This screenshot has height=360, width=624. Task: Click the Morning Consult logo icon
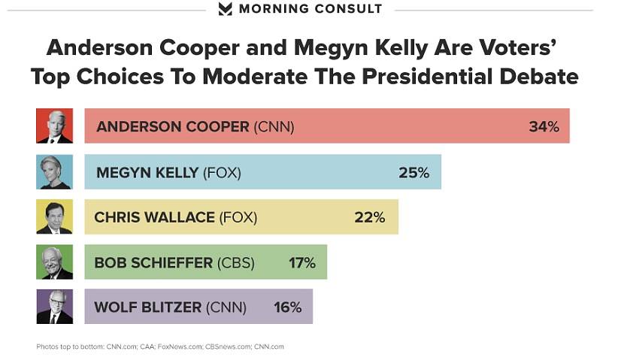pos(225,9)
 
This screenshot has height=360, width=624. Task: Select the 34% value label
pos(544,127)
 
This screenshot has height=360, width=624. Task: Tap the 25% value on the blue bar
pos(413,173)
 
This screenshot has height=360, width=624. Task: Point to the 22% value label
pos(369,218)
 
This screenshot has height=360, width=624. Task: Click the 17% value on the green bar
pos(302,263)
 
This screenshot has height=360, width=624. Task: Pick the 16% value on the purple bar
pos(287,307)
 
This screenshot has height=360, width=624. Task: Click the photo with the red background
pos(54,126)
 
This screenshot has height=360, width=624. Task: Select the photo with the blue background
pos(54,172)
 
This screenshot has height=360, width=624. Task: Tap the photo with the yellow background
pos(54,217)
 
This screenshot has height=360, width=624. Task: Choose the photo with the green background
pos(54,262)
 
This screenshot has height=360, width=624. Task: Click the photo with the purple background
pos(54,307)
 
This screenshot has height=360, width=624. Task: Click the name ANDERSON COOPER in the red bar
pos(172,127)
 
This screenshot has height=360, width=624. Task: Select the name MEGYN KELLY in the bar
pos(147,173)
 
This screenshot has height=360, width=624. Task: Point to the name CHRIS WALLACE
pos(154,218)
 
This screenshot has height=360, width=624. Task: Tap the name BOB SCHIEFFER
pos(153,263)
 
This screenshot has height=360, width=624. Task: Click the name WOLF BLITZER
pos(148,307)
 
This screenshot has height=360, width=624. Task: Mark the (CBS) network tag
pos(235,263)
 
